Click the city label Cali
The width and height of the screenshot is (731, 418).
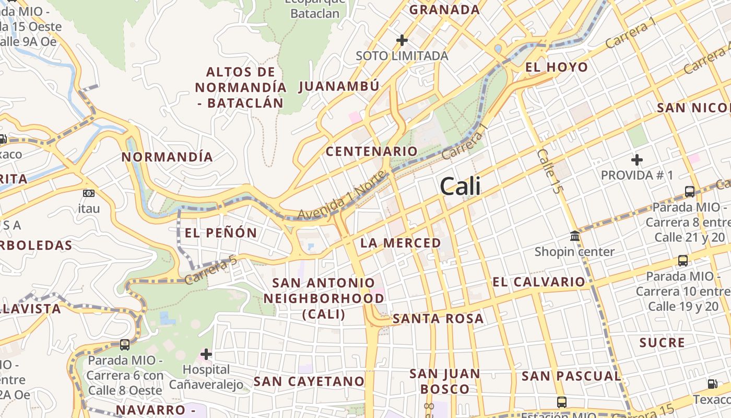pyautogui.click(x=460, y=187)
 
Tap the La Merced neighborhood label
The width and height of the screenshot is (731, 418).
pyautogui.click(x=400, y=243)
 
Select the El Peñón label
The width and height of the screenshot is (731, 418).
pyautogui.click(x=221, y=233)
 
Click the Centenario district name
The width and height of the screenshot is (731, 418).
pyautogui.click(x=371, y=152)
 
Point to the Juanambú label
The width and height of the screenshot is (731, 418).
pyautogui.click(x=339, y=86)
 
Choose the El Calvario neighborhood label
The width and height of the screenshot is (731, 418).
pyautogui.click(x=539, y=282)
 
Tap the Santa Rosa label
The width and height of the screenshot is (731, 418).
pyautogui.click(x=438, y=319)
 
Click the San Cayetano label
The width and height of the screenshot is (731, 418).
pyautogui.click(x=309, y=381)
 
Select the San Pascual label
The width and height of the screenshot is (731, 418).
pyautogui.click(x=571, y=376)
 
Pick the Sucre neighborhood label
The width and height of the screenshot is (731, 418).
pyautogui.click(x=662, y=343)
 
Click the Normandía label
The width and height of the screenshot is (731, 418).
pyautogui.click(x=167, y=157)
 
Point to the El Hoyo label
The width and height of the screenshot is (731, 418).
pyautogui.click(x=557, y=67)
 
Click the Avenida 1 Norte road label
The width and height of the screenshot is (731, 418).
pyautogui.click(x=344, y=196)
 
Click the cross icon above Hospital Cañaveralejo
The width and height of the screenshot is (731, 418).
pyautogui.click(x=206, y=354)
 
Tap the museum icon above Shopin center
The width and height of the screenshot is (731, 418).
pyautogui.click(x=575, y=236)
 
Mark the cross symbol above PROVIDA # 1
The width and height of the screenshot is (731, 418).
pyautogui.click(x=636, y=159)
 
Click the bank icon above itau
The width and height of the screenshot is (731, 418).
pyautogui.click(x=89, y=193)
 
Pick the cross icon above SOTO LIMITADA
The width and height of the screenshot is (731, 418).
pyautogui.click(x=402, y=40)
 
